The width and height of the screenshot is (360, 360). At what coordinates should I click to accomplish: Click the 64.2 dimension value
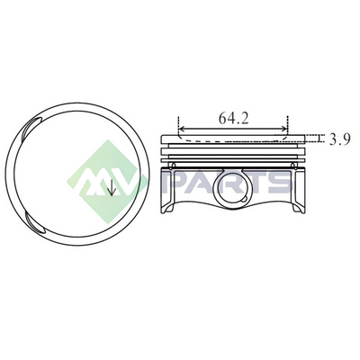coord(233,118)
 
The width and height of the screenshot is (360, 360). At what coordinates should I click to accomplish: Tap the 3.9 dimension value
coord(340,139)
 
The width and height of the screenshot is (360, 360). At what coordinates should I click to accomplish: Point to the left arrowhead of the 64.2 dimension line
coord(182,129)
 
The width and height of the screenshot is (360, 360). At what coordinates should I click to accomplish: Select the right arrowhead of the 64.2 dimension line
coord(283,129)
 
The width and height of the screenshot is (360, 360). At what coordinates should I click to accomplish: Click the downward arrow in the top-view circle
coord(112,187)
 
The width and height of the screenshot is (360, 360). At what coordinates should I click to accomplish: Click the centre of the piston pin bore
coord(233,191)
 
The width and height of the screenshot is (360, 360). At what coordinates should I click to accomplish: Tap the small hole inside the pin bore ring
coord(245,199)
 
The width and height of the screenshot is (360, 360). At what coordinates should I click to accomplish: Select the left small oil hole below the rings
coord(172,166)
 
